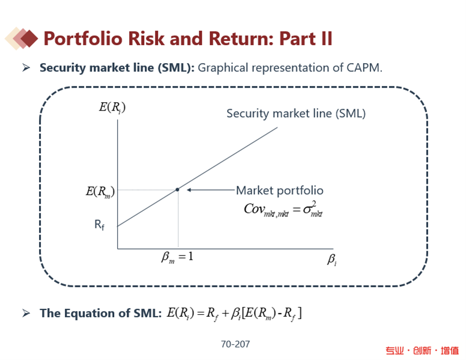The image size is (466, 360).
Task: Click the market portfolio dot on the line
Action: [x=177, y=189]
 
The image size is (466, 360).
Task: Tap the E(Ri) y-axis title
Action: [x=112, y=108]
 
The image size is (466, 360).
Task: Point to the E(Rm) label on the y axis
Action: [x=100, y=191]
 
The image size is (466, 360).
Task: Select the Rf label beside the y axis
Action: [x=99, y=225]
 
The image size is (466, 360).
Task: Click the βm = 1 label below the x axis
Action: [x=177, y=257]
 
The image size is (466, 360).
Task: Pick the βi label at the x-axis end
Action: [x=332, y=260]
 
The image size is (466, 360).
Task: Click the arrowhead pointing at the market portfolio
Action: [x=189, y=190]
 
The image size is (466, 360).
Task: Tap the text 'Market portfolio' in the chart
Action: [x=280, y=191]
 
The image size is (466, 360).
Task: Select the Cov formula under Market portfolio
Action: [x=283, y=209]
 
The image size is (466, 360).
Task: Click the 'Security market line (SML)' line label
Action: [x=296, y=114]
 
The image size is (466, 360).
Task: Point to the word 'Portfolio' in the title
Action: [x=83, y=38]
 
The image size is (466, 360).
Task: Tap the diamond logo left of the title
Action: [x=22, y=38]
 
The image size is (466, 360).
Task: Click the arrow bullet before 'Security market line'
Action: [x=26, y=68]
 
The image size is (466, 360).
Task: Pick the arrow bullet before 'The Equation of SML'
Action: [x=26, y=313]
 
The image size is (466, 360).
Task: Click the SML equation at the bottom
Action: [x=234, y=314]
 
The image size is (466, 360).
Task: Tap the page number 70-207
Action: [x=235, y=344]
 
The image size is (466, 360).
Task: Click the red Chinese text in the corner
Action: [x=422, y=351]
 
